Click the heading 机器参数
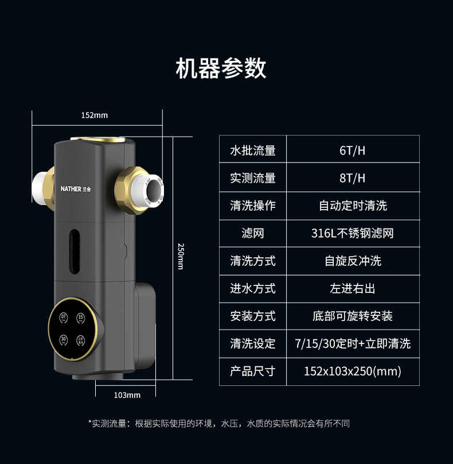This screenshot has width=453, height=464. pyautogui.click(x=221, y=68)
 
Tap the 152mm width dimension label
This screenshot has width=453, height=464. pyautogui.click(x=94, y=115)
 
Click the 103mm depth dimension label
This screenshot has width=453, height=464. pyautogui.click(x=127, y=395)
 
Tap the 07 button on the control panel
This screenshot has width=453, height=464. pyautogui.click(x=64, y=317)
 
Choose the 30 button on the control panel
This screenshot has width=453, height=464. pyautogui.click(x=64, y=339)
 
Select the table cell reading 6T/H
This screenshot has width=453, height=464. pyautogui.click(x=352, y=150)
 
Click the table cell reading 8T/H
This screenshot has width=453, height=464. pyautogui.click(x=352, y=178)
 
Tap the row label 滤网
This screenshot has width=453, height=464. pyautogui.click(x=253, y=233)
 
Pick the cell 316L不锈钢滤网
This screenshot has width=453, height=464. pyautogui.click(x=352, y=233)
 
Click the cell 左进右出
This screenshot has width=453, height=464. pyautogui.click(x=352, y=288)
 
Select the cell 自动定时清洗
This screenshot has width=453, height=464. pyautogui.click(x=352, y=206)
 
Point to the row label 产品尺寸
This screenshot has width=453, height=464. pyautogui.click(x=253, y=371)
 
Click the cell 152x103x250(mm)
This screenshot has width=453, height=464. pyautogui.click(x=352, y=371)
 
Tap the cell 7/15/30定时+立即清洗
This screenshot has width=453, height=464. pyautogui.click(x=352, y=343)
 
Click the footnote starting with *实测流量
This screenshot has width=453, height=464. pyautogui.click(x=219, y=424)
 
